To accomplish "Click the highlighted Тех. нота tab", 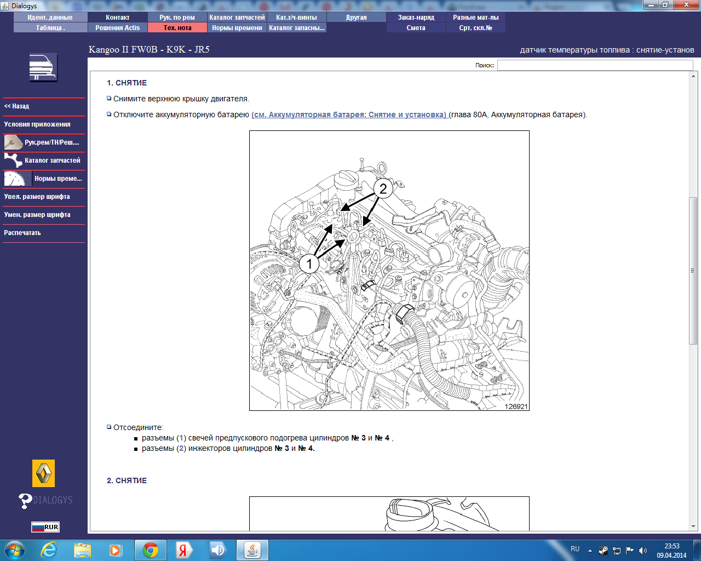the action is pyautogui.click(x=177, y=28).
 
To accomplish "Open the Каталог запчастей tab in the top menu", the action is pyautogui.click(x=237, y=18).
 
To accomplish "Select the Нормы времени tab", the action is pyautogui.click(x=237, y=28).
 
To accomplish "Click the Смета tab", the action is pyautogui.click(x=416, y=28).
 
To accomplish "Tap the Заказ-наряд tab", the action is pyautogui.click(x=416, y=18).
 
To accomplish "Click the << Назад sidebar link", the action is pyautogui.click(x=16, y=106).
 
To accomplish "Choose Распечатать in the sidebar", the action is pyautogui.click(x=22, y=233).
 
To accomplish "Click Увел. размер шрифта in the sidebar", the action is pyautogui.click(x=37, y=197).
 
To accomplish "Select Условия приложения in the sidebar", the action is pyautogui.click(x=37, y=124).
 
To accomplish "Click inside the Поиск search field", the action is pyautogui.click(x=595, y=65).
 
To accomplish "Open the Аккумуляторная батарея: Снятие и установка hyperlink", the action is pyautogui.click(x=349, y=115).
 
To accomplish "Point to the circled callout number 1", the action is pyautogui.click(x=309, y=264).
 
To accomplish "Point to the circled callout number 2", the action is pyautogui.click(x=383, y=188).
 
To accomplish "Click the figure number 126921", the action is pyautogui.click(x=516, y=406).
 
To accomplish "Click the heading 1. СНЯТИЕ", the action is pyautogui.click(x=127, y=83).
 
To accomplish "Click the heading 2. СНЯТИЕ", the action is pyautogui.click(x=127, y=480).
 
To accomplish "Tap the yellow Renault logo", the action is pyautogui.click(x=43, y=473).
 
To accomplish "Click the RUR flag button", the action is pyautogui.click(x=45, y=527).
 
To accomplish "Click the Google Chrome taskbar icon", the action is pyautogui.click(x=150, y=550).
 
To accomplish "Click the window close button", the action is pyautogui.click(x=686, y=4).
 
